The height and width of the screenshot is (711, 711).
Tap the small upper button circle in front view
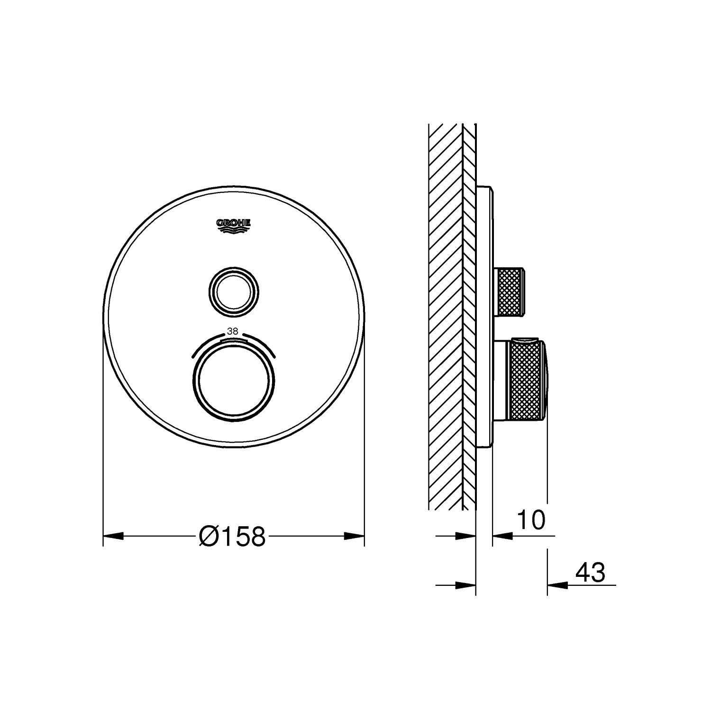point(234,289)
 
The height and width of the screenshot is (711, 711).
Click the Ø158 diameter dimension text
point(232,537)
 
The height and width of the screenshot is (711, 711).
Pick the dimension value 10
point(531,520)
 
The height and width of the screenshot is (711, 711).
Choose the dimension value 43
point(590,573)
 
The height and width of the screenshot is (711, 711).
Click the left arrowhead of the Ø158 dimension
point(113,536)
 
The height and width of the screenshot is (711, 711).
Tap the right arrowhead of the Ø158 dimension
point(354,536)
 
